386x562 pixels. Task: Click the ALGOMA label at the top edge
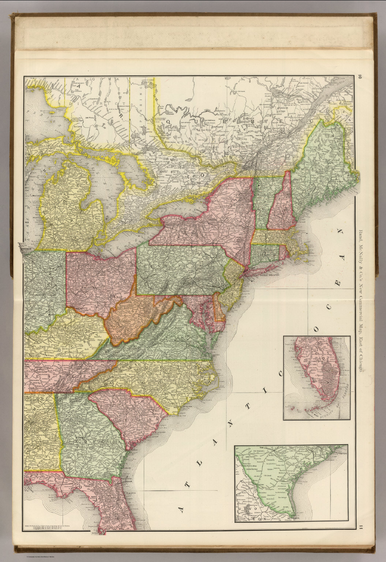click(x=89, y=79)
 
